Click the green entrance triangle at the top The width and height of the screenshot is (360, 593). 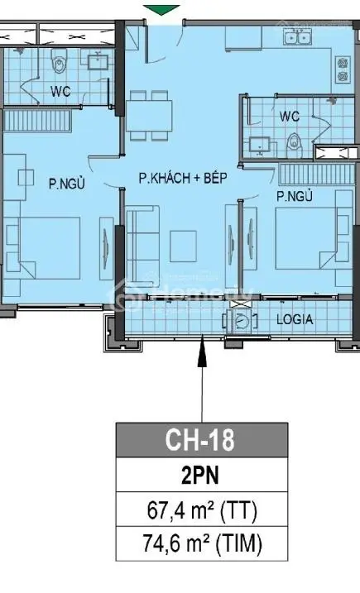pos(161,9)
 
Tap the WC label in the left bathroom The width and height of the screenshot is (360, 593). pos(59,90)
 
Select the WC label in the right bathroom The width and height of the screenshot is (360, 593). pos(289,116)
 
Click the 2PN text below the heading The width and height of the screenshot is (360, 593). pos(201,476)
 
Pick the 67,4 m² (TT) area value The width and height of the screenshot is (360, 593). pos(201,510)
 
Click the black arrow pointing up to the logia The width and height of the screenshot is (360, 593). pos(201,364)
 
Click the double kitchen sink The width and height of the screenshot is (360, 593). pos(294,36)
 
